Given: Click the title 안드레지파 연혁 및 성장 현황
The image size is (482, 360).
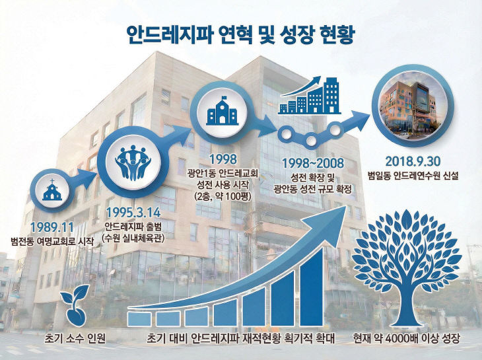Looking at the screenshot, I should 240,32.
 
